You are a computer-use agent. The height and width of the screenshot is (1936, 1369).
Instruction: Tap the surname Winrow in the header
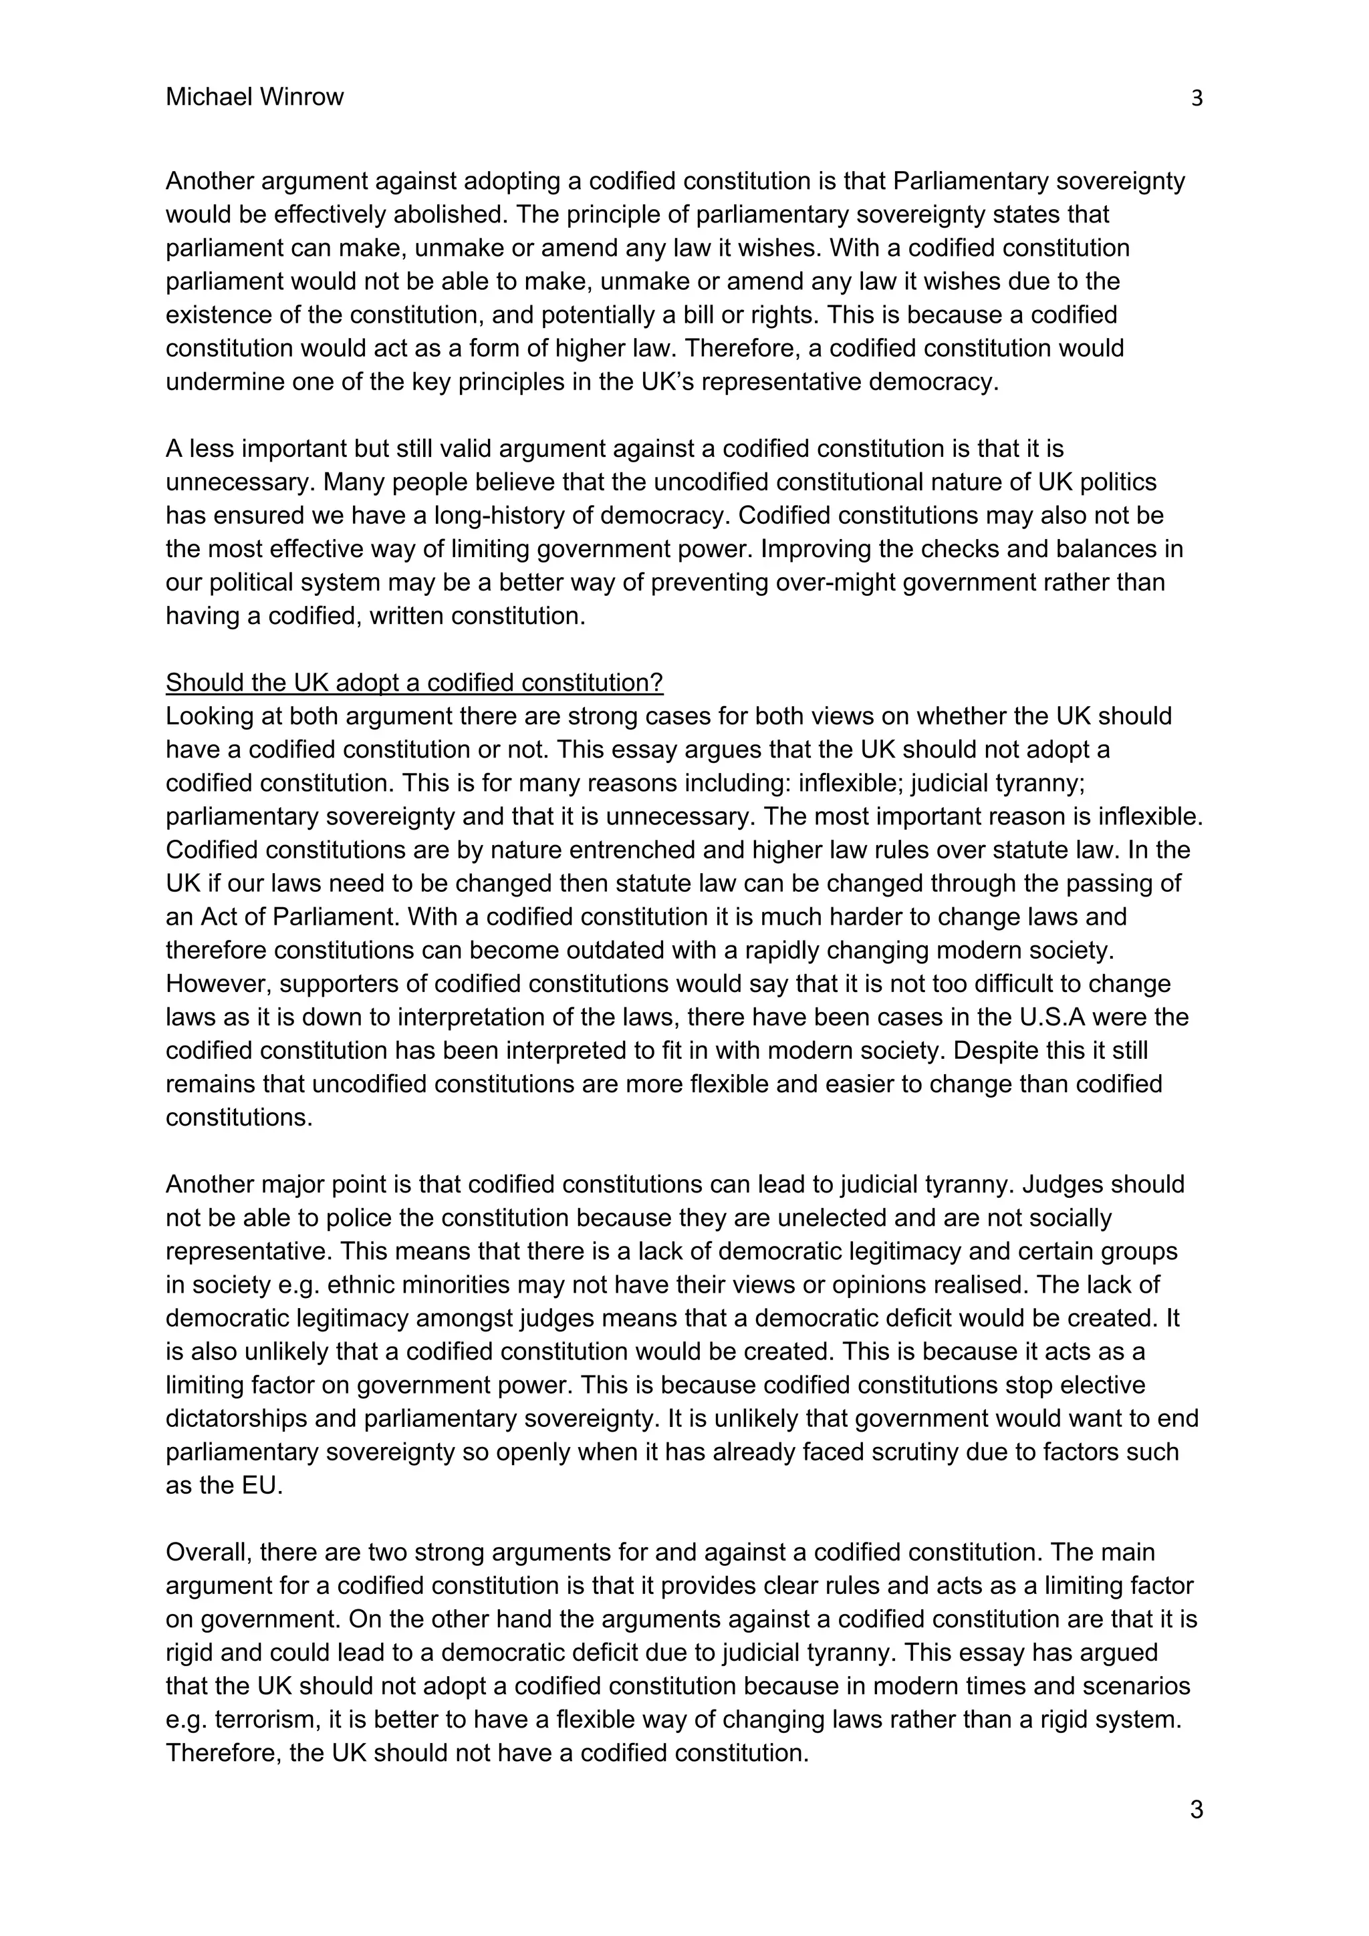pos(300,97)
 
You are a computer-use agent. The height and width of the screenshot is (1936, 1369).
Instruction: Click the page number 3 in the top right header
pos(1196,99)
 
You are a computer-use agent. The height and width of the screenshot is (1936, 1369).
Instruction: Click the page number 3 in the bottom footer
pos(1196,1810)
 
